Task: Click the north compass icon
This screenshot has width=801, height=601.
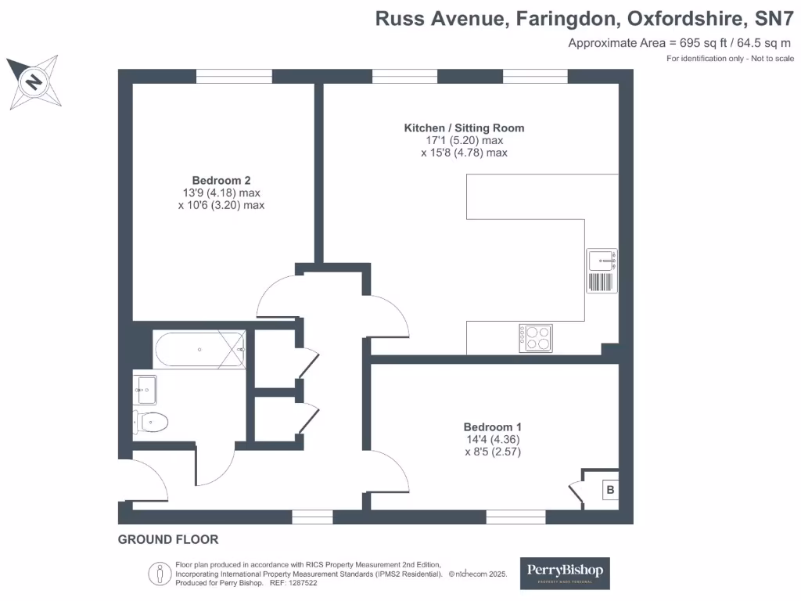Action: tap(33, 81)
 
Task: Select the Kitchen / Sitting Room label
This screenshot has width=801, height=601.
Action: tap(464, 128)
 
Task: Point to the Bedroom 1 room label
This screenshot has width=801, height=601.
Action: tap(492, 426)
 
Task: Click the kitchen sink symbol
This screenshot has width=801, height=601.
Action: tap(602, 270)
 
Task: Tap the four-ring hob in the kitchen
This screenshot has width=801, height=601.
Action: tap(534, 337)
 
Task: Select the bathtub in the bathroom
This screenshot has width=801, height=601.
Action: tap(200, 350)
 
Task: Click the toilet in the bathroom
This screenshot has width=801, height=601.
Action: tap(150, 423)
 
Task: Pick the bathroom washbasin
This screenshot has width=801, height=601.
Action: tap(145, 385)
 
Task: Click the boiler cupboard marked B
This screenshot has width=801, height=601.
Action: tap(609, 491)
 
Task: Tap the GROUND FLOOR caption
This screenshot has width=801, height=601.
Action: tap(168, 539)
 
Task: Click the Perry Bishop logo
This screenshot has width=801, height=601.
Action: tap(566, 573)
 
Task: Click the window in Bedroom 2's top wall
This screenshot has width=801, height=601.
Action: tap(234, 76)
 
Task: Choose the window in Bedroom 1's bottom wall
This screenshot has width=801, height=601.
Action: tap(515, 516)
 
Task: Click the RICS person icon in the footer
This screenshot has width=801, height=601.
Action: tap(160, 573)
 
